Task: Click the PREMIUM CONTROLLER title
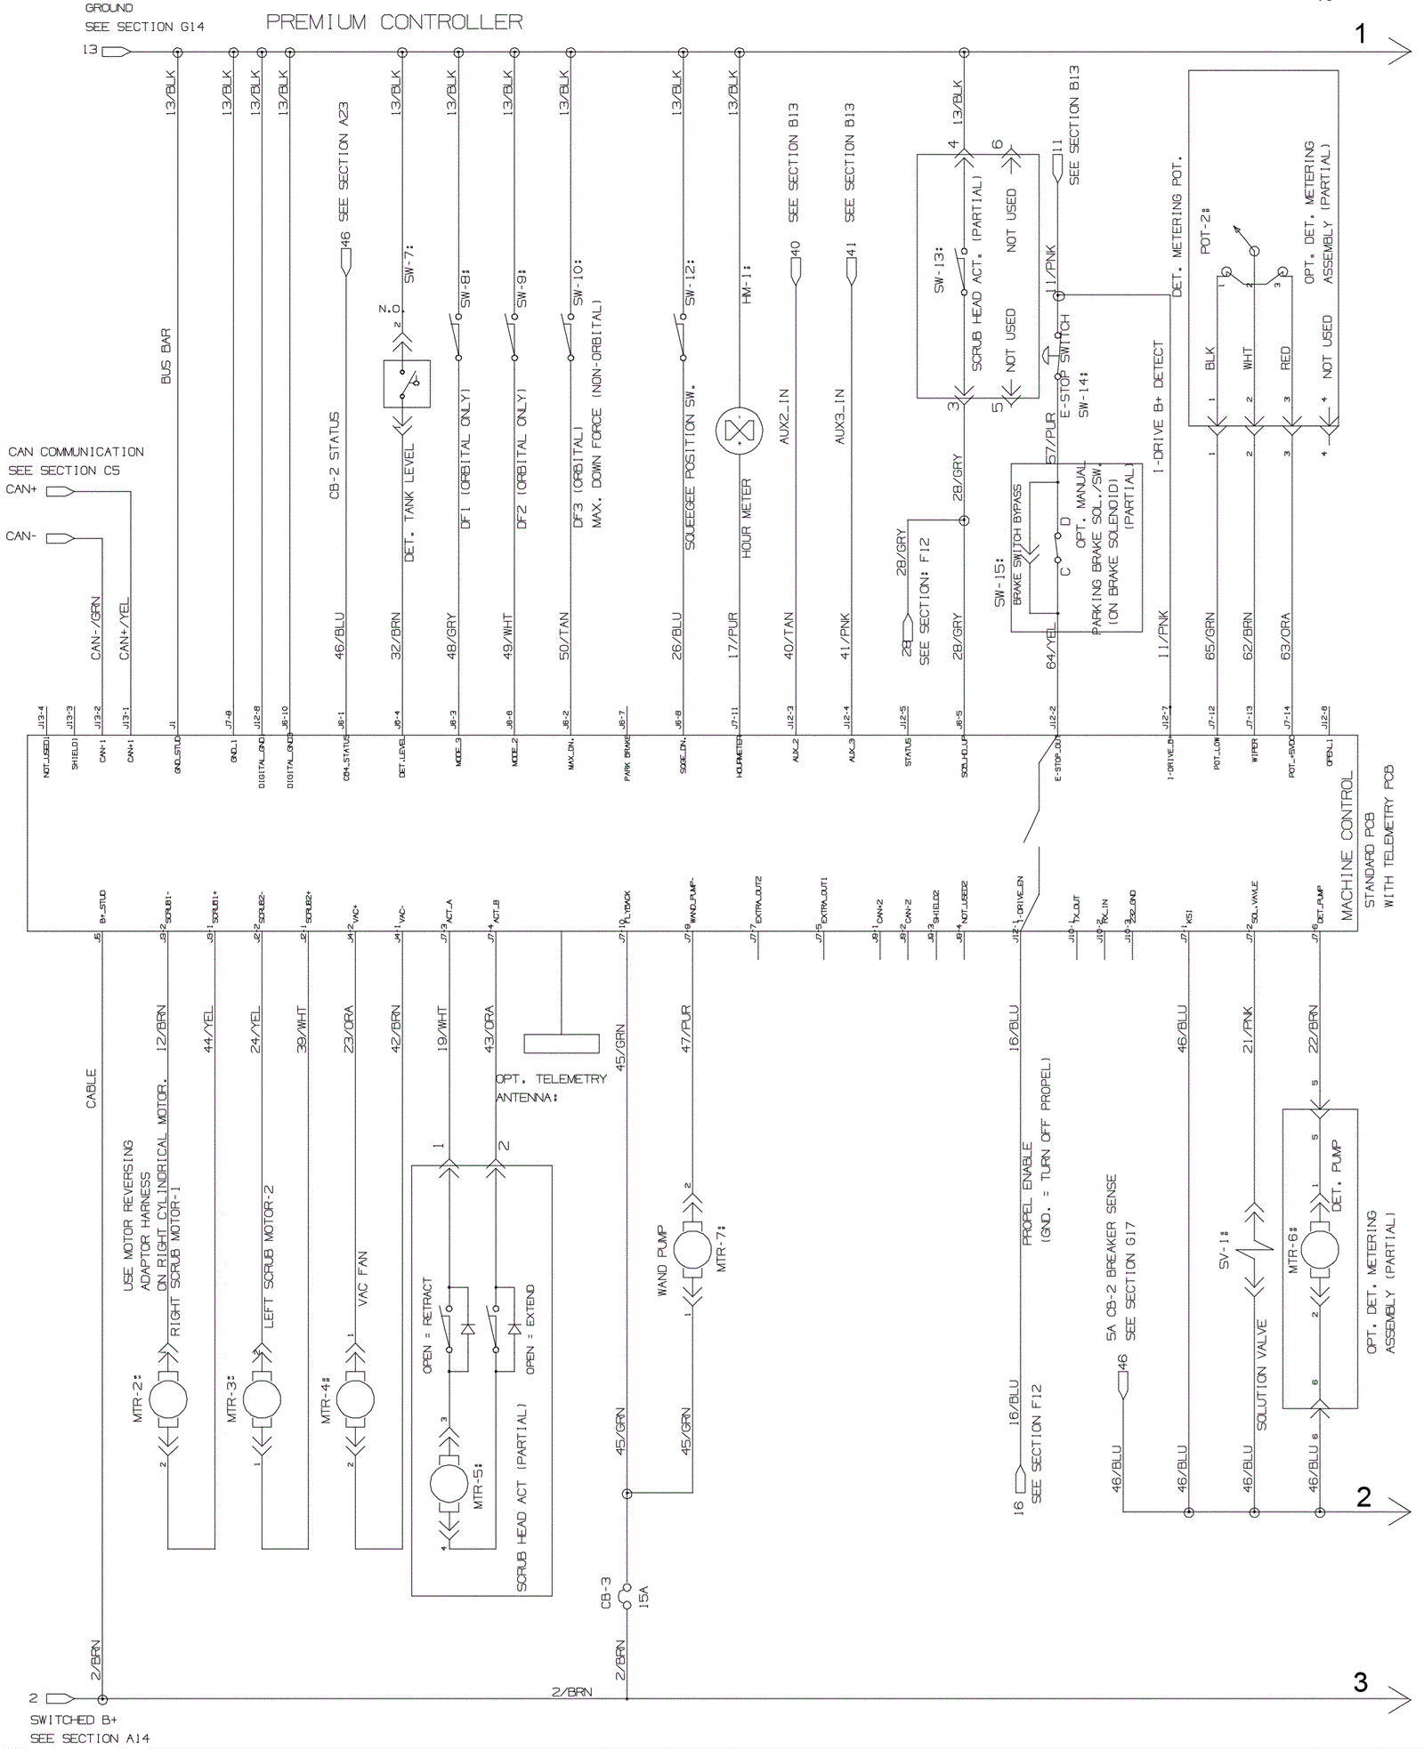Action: click(x=394, y=22)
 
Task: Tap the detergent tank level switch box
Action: click(x=407, y=383)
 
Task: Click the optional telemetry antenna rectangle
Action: click(x=561, y=1044)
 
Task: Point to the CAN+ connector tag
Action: click(x=60, y=491)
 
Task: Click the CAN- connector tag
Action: click(x=60, y=538)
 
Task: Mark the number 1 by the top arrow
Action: click(x=1360, y=35)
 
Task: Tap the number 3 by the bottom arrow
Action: click(x=1360, y=1680)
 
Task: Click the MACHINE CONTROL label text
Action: click(x=1347, y=845)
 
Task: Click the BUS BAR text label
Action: click(x=166, y=357)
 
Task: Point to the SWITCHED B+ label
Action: click(x=74, y=1720)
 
